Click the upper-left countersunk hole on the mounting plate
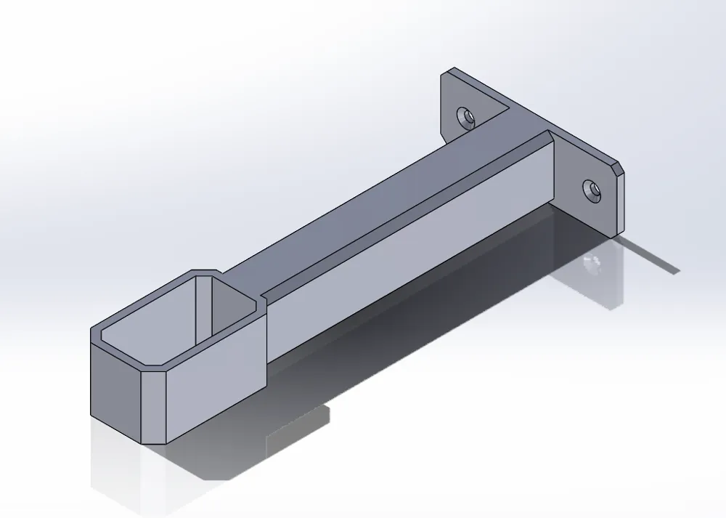coord(465,116)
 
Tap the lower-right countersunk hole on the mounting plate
coord(594,190)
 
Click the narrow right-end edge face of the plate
coord(619,203)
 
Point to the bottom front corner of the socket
coord(165,441)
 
